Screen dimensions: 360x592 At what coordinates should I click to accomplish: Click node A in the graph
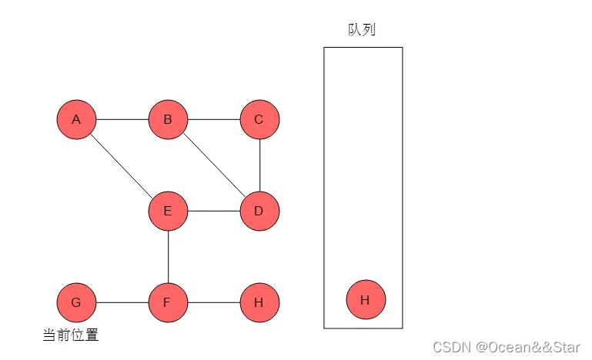pyautogui.click(x=76, y=119)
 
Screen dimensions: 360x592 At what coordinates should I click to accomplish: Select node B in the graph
pyautogui.click(x=168, y=119)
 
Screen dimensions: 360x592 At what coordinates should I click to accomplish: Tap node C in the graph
pyautogui.click(x=259, y=119)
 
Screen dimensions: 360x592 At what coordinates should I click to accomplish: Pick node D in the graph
pyautogui.click(x=259, y=211)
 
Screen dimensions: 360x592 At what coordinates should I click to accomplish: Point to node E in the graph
pyautogui.click(x=168, y=211)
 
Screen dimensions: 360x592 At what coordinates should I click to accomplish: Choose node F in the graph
pyautogui.click(x=168, y=302)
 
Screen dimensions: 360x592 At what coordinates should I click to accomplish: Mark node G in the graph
pyautogui.click(x=76, y=302)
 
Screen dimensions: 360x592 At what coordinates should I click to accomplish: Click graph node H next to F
pyautogui.click(x=259, y=302)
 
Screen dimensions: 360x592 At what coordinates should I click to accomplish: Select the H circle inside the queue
pyautogui.click(x=366, y=299)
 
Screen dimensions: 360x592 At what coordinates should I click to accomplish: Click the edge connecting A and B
pyautogui.click(x=122, y=120)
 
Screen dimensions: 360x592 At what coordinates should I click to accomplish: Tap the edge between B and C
pyautogui.click(x=213, y=120)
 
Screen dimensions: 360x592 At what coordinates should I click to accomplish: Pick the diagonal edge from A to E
pyautogui.click(x=122, y=165)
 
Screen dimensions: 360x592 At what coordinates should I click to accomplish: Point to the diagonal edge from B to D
pyautogui.click(x=213, y=165)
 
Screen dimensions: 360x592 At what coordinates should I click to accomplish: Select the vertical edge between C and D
pyautogui.click(x=259, y=165)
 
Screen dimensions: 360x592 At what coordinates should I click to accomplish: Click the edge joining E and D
pyautogui.click(x=213, y=211)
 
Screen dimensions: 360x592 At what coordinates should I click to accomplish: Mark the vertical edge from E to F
pyautogui.click(x=168, y=256)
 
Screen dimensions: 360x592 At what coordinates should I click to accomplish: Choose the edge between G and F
pyautogui.click(x=122, y=302)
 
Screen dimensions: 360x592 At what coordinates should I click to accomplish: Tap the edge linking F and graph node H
pyautogui.click(x=213, y=302)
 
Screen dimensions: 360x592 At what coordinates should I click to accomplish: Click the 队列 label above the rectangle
pyautogui.click(x=362, y=30)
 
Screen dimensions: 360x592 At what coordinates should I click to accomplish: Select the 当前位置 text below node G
pyautogui.click(x=70, y=335)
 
